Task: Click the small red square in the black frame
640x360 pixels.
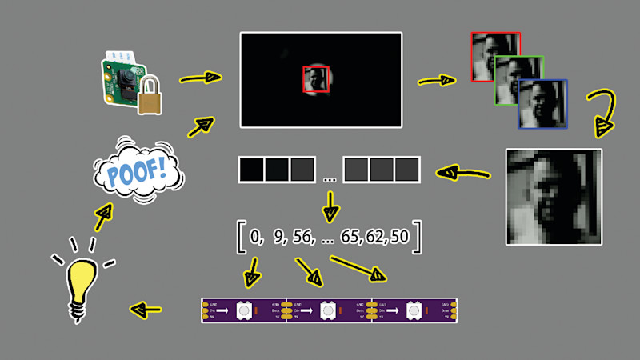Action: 316,80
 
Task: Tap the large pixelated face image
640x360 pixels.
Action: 554,196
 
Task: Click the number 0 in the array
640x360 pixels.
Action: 255,238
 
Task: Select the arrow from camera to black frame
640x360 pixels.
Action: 200,78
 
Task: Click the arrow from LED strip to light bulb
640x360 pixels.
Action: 146,308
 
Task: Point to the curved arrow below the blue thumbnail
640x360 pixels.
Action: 601,113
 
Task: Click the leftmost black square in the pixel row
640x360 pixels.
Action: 250,170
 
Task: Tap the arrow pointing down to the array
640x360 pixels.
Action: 330,206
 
